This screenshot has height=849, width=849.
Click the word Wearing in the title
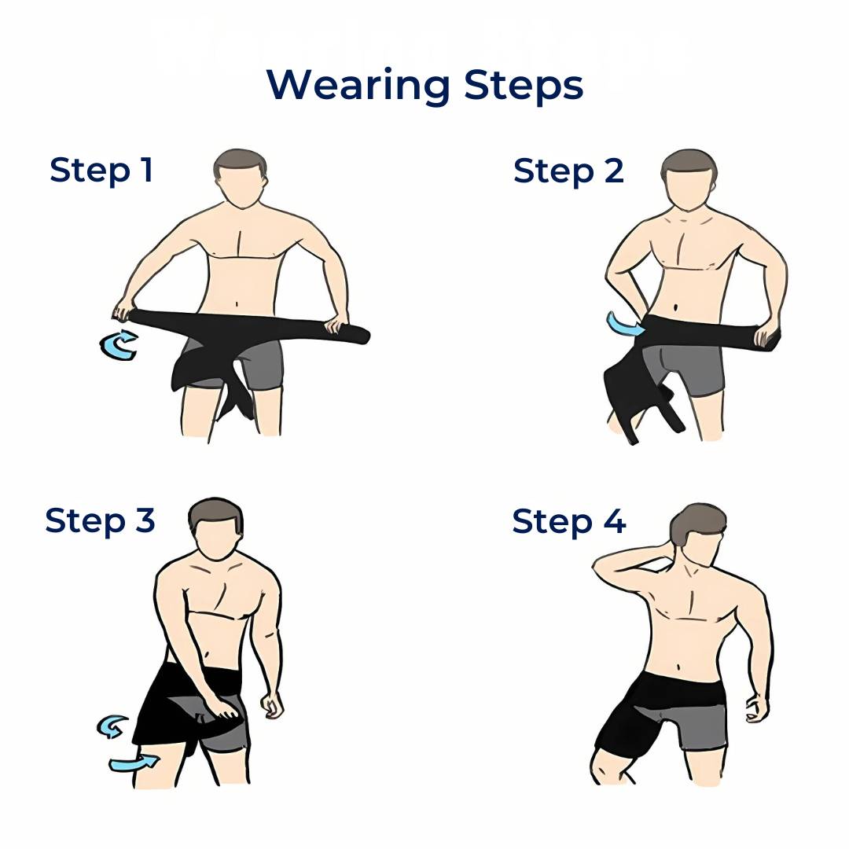point(358,86)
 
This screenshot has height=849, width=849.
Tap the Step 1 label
point(101,171)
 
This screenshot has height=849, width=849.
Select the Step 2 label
point(568,171)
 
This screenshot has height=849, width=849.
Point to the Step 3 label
point(100,520)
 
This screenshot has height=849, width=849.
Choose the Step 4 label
point(569,521)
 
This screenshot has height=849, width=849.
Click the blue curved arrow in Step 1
point(119,345)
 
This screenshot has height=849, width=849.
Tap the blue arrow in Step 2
point(623,325)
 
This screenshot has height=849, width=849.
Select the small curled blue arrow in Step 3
point(112,726)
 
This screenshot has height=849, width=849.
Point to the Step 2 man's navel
point(676,308)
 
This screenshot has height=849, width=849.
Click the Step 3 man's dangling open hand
point(272,705)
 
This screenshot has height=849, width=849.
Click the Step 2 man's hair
point(689,164)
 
